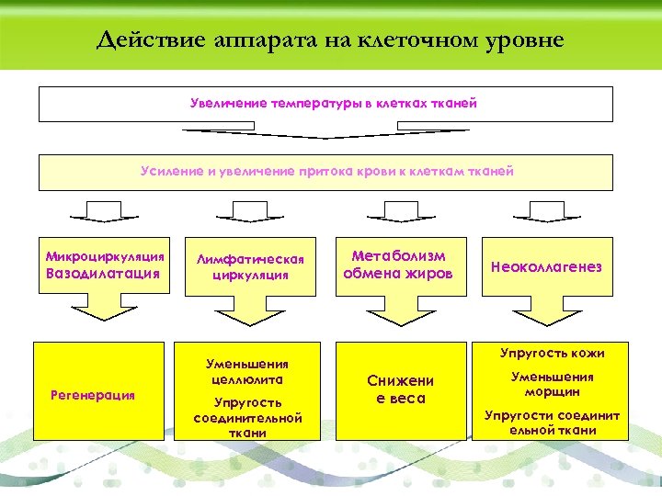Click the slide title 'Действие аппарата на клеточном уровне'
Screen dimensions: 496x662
(x=330, y=40)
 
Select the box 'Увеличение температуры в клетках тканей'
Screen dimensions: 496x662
(x=325, y=104)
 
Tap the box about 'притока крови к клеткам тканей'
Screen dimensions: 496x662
(x=325, y=172)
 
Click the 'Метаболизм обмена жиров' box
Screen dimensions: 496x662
(x=398, y=265)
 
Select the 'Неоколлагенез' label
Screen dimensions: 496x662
(x=546, y=266)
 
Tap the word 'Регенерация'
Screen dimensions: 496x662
(x=92, y=394)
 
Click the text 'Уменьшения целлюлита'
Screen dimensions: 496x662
(x=247, y=371)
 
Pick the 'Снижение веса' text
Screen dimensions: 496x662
(x=400, y=389)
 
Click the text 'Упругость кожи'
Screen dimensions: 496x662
(x=553, y=353)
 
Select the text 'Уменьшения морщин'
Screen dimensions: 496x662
(x=553, y=383)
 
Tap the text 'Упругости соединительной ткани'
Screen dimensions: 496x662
(x=553, y=423)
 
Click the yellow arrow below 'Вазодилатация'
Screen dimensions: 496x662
(x=104, y=312)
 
